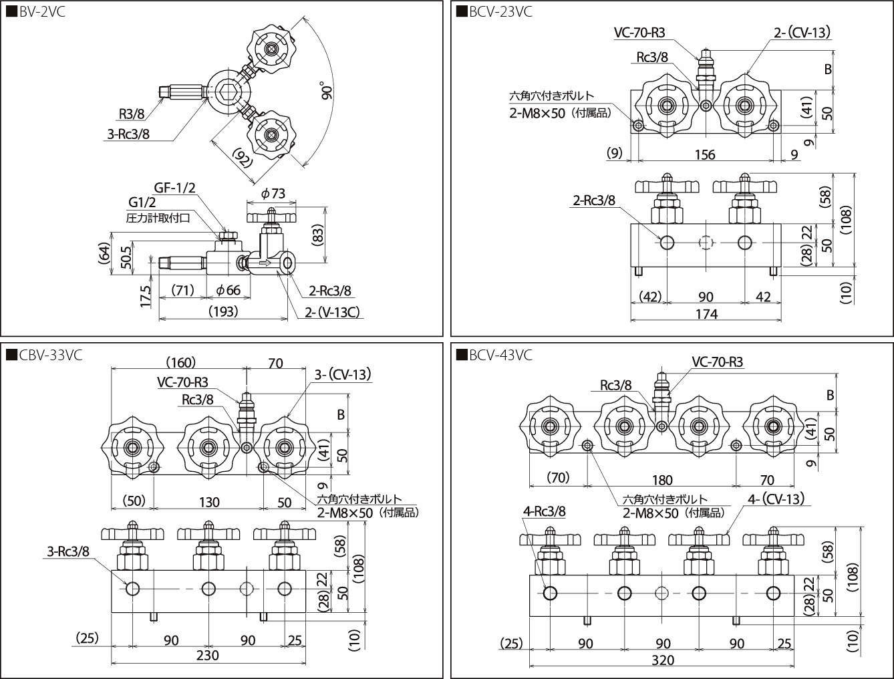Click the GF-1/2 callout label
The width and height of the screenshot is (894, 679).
point(174,188)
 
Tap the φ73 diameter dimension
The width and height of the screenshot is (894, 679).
point(273,193)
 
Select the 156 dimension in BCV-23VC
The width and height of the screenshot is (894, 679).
point(705,154)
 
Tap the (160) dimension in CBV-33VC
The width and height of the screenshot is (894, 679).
point(180,363)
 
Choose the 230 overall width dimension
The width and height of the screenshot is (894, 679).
point(207,656)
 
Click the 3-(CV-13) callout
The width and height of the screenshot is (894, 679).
point(342,374)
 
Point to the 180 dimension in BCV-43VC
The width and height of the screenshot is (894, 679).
point(661,480)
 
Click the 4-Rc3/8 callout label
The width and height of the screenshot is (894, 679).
point(545,511)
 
